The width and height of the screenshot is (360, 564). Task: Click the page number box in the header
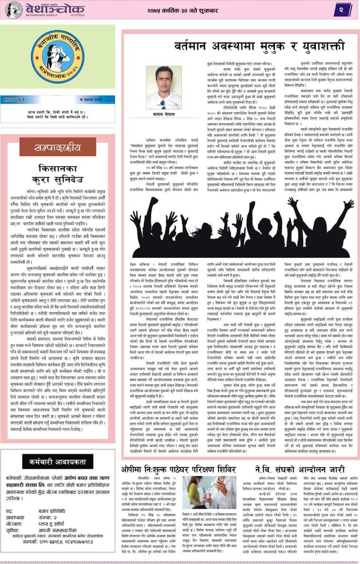pos(341,10)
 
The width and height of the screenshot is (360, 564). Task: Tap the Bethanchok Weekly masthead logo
pos(46,10)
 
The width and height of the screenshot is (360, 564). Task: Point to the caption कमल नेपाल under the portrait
pos(161,115)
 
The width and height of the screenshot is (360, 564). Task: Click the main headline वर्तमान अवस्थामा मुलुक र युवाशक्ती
pos(259,46)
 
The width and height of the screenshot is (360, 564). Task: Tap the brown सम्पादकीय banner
pos(57,147)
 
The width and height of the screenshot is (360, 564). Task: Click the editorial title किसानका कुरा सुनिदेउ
pos(57,173)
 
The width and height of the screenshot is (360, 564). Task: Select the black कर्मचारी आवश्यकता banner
pos(57,462)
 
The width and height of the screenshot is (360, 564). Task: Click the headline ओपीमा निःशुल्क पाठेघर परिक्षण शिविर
pos(179,470)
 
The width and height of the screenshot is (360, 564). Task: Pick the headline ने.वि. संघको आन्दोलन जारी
pos(300,470)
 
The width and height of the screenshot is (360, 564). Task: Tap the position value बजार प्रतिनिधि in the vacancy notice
pos(52,511)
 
